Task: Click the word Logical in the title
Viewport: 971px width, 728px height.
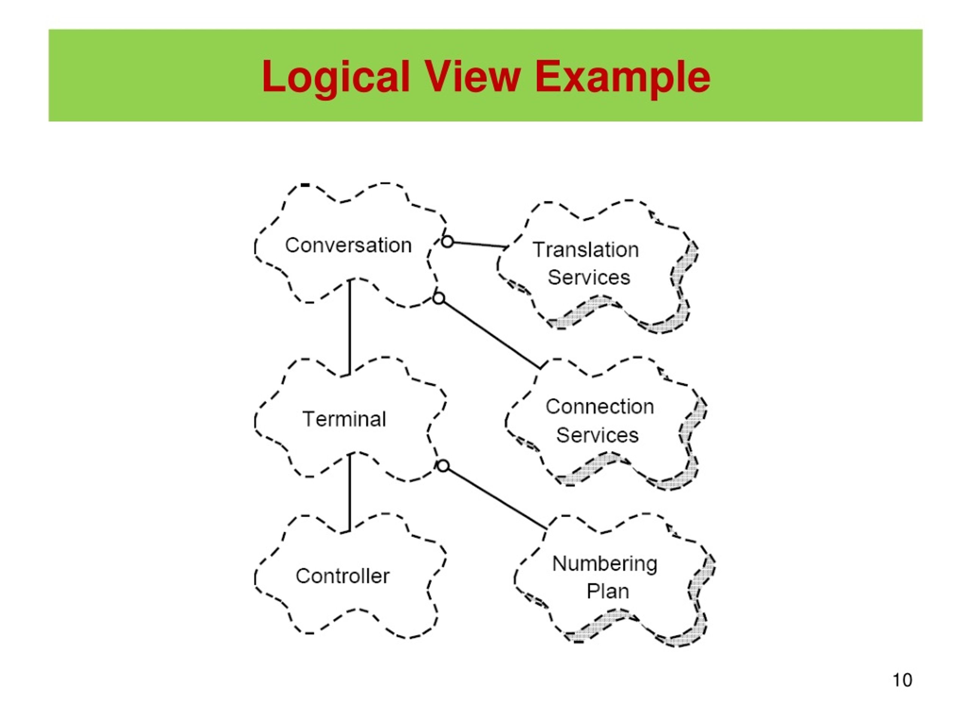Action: (335, 77)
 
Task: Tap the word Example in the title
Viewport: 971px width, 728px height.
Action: (622, 77)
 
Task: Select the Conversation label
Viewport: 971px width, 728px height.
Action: (349, 245)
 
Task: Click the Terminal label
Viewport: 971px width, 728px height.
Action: (344, 419)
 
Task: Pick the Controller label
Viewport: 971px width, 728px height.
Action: (343, 576)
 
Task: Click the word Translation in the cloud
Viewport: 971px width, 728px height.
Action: (586, 250)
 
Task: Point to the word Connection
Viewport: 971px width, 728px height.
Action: (600, 406)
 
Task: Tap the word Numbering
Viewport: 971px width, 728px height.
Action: (605, 563)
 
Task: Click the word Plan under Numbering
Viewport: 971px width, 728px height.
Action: (608, 591)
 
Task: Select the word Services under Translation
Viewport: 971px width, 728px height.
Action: (589, 277)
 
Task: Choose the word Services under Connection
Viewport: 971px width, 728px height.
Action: (597, 435)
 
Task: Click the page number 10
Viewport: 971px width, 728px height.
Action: (902, 680)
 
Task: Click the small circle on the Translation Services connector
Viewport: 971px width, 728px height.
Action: (447, 242)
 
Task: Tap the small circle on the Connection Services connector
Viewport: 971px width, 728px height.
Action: (438, 298)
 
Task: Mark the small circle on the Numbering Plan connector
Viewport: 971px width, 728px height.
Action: (443, 466)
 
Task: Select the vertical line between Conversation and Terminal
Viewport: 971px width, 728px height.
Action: (349, 327)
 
